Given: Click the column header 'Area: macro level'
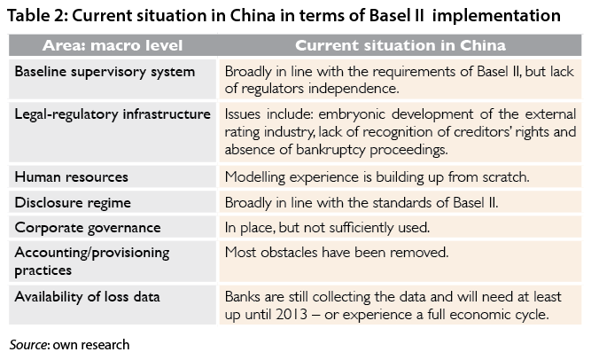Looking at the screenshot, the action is pyautogui.click(x=113, y=45).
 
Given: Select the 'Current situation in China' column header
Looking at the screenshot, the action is pyautogui.click(x=400, y=45).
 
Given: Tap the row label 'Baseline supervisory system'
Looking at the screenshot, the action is pyautogui.click(x=105, y=72).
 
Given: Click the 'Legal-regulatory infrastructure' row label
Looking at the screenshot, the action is pyautogui.click(x=113, y=114).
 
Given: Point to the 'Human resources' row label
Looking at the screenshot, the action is pyautogui.click(x=71, y=177).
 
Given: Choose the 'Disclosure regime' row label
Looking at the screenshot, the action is pyautogui.click(x=73, y=203).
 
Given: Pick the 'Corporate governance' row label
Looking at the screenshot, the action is pyautogui.click(x=88, y=228).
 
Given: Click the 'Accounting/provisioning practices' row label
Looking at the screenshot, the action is pyautogui.click(x=91, y=261).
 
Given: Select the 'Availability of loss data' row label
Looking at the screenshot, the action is pyautogui.click(x=87, y=297).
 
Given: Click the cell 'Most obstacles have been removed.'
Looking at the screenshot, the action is pyautogui.click(x=337, y=252).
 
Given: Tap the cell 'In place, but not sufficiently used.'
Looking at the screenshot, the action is pyautogui.click(x=327, y=228).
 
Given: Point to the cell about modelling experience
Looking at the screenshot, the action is pyautogui.click(x=377, y=177).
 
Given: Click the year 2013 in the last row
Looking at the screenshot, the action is pyautogui.click(x=292, y=315).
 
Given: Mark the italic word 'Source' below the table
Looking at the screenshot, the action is pyautogui.click(x=28, y=345).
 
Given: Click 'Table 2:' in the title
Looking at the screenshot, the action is pyautogui.click(x=37, y=16).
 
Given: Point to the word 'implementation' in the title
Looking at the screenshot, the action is pyautogui.click(x=496, y=16).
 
